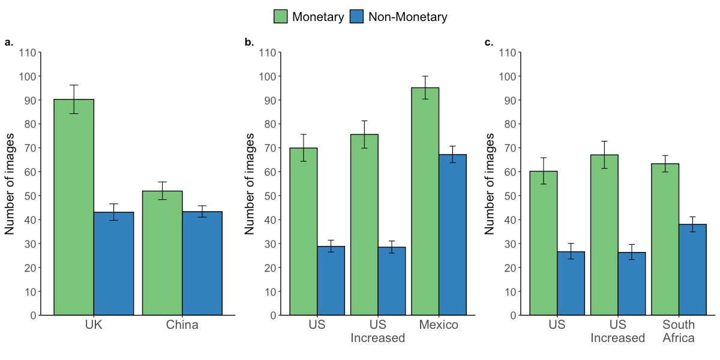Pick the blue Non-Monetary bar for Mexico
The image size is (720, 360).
click(x=452, y=235)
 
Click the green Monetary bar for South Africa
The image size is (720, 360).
click(x=665, y=239)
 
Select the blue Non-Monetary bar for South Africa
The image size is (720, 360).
click(x=692, y=269)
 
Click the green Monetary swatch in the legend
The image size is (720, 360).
click(x=281, y=17)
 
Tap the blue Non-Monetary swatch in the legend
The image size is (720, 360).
click(x=357, y=17)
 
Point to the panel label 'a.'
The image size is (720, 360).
click(x=8, y=42)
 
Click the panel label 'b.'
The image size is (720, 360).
click(x=249, y=42)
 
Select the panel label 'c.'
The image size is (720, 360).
click(x=489, y=42)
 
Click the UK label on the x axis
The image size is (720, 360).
click(x=94, y=325)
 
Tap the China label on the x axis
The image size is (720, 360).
click(x=182, y=325)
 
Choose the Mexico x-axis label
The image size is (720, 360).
click(x=439, y=325)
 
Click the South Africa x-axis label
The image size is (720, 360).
click(x=679, y=331)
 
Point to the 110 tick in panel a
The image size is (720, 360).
click(x=28, y=53)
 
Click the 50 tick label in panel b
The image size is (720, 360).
click(x=268, y=196)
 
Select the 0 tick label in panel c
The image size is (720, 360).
click(x=514, y=316)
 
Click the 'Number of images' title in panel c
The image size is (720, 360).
click(x=490, y=184)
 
